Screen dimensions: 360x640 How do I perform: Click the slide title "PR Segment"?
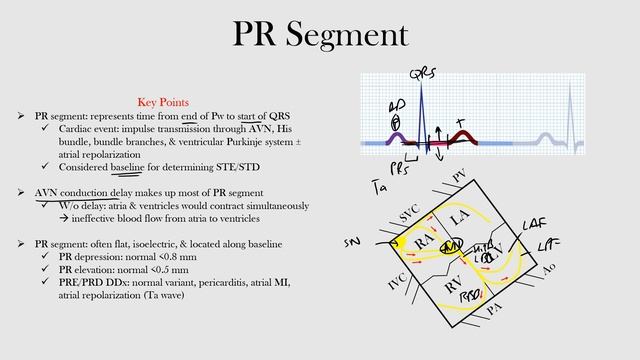[x=320, y=36]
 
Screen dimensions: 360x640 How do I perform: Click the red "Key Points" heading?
[x=163, y=102]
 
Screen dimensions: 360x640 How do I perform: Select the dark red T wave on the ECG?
[x=464, y=136]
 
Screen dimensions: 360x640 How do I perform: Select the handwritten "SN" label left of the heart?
[x=352, y=243]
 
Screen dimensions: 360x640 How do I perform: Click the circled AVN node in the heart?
[x=451, y=245]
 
